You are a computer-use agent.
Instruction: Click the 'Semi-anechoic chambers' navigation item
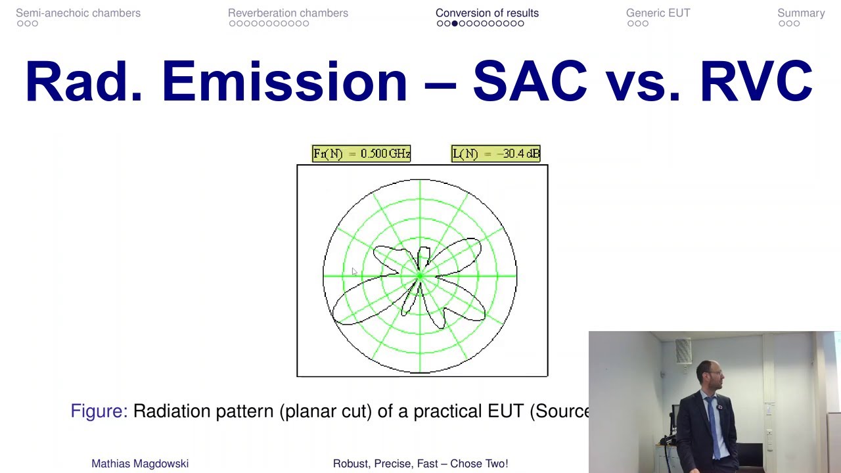78,13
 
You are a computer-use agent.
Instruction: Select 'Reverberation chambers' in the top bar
288,13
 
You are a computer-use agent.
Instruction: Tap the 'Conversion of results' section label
487,13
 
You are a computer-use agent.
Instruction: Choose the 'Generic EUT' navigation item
658,13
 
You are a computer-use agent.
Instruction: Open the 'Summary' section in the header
801,13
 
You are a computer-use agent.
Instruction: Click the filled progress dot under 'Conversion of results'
454,24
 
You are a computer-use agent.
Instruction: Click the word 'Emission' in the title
284,82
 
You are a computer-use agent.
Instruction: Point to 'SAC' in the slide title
530,82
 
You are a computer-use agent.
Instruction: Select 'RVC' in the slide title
756,82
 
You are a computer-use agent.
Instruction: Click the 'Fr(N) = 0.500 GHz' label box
361,154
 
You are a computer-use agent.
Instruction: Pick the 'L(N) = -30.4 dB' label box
496,154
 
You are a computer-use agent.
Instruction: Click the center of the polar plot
420,276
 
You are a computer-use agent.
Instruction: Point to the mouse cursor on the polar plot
353,271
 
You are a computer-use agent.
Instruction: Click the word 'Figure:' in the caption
99,411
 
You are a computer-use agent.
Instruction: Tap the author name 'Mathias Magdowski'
140,464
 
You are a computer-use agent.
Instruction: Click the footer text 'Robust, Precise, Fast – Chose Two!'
420,464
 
